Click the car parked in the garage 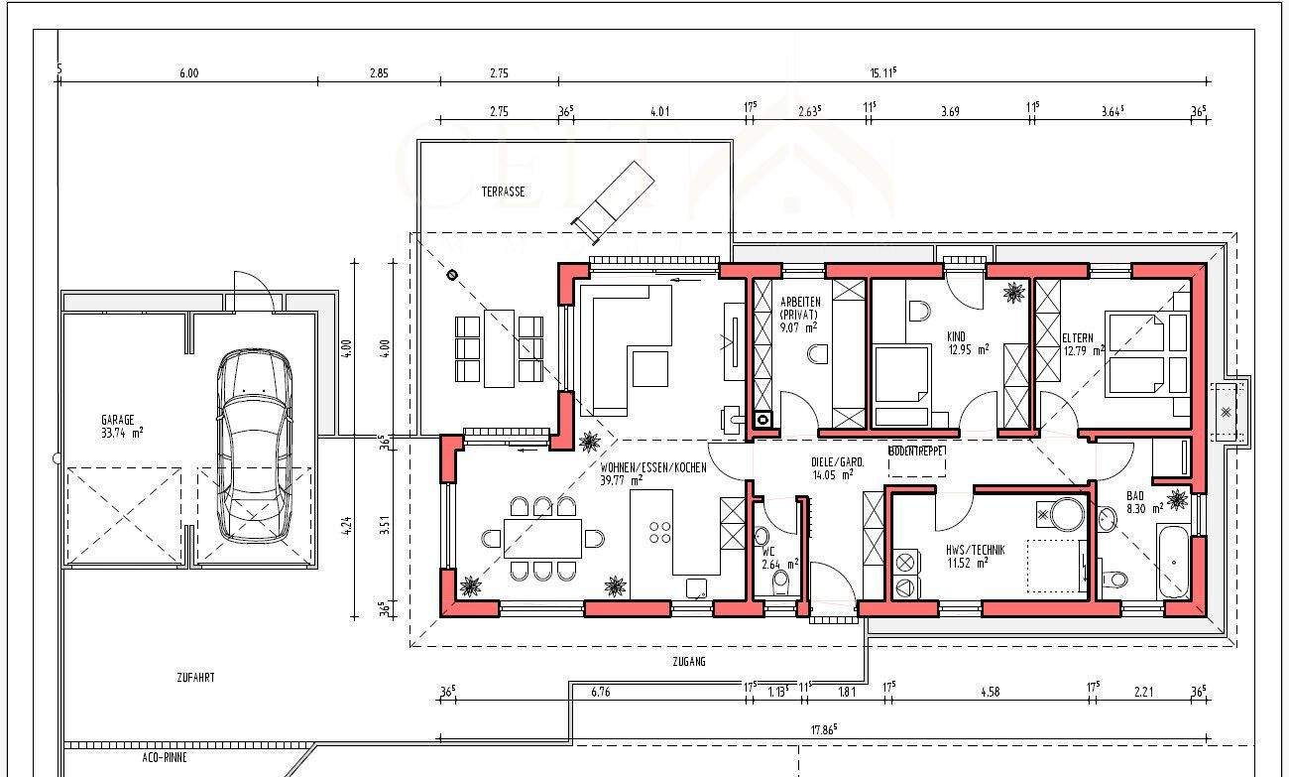255,446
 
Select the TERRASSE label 503,192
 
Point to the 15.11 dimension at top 882,72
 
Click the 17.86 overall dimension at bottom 824,729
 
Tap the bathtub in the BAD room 1173,562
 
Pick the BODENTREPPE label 916,451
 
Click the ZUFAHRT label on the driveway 195,678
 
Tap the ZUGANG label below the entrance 689,662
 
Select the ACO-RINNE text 165,757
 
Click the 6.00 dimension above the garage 188,73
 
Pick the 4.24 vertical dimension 347,526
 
